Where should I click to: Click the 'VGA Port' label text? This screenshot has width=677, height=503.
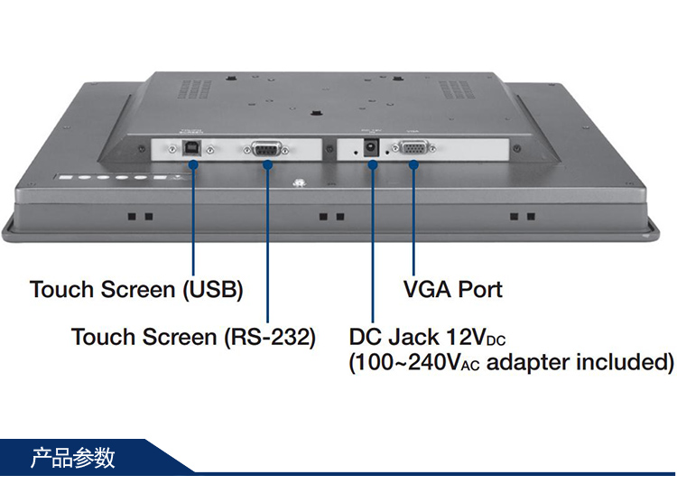(452, 289)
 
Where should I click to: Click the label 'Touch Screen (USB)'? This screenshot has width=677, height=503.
(136, 290)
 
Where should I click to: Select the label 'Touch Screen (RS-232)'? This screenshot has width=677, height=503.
(193, 338)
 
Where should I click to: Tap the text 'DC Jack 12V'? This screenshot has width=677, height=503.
(418, 338)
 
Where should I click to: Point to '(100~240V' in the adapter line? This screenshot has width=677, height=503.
(406, 363)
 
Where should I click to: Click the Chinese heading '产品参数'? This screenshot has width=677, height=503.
(73, 457)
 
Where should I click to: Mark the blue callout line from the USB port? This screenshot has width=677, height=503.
(193, 217)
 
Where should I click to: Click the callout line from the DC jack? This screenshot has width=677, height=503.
(372, 244)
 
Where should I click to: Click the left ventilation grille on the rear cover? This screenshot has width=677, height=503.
(189, 91)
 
